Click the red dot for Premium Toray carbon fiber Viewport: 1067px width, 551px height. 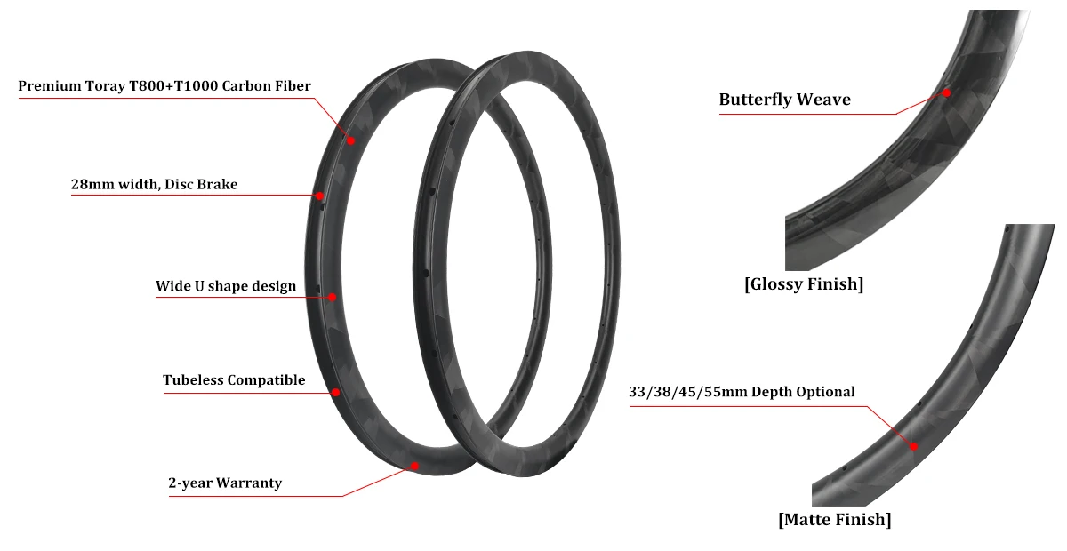coord(350,140)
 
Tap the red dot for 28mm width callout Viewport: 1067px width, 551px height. coord(318,196)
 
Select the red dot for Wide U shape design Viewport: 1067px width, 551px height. coord(332,297)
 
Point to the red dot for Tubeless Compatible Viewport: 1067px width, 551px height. coord(336,391)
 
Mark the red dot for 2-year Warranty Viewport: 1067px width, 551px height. coord(414,465)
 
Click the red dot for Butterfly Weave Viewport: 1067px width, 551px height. coord(947,92)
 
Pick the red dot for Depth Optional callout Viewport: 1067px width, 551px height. coord(913,446)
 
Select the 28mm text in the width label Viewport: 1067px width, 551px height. coord(90,185)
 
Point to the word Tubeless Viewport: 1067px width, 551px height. coord(194,380)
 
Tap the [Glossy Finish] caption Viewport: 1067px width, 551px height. coord(804,284)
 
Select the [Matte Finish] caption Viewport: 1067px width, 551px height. coord(834,519)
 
